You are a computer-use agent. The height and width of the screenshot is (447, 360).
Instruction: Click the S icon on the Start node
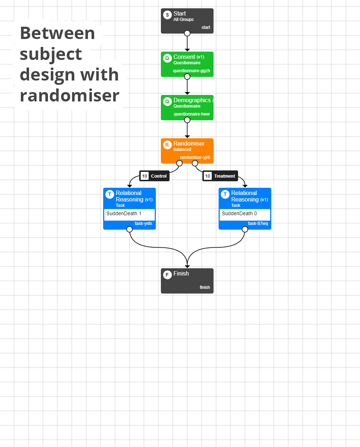pyautogui.click(x=167, y=15)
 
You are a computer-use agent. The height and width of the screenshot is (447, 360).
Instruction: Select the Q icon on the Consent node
pyautogui.click(x=167, y=58)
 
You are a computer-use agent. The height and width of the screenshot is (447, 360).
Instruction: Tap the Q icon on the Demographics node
pyautogui.click(x=167, y=101)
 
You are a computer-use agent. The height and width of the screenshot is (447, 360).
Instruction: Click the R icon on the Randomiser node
pyautogui.click(x=167, y=145)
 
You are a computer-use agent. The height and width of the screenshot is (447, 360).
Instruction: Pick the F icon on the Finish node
pyautogui.click(x=167, y=275)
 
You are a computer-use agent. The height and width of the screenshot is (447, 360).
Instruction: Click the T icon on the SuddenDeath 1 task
pyautogui.click(x=110, y=194)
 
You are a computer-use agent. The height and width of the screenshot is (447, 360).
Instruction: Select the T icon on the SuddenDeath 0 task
pyautogui.click(x=225, y=194)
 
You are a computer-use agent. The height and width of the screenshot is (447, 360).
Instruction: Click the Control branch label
pyautogui.click(x=159, y=176)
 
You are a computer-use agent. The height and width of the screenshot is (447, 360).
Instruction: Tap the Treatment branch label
pyautogui.click(x=224, y=176)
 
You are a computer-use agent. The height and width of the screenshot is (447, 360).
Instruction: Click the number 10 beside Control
pyautogui.click(x=145, y=176)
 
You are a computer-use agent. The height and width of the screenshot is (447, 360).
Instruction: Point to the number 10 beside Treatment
pyautogui.click(x=208, y=176)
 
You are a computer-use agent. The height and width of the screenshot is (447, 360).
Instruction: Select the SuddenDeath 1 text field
pyautogui.click(x=129, y=214)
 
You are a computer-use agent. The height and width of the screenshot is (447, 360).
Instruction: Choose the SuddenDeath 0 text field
pyautogui.click(x=245, y=214)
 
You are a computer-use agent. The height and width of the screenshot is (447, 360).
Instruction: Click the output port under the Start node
pyautogui.click(x=187, y=33)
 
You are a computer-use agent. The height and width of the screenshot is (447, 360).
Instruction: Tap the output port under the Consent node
pyautogui.click(x=187, y=77)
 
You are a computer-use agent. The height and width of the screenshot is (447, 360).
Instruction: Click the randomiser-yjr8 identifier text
pyautogui.click(x=195, y=157)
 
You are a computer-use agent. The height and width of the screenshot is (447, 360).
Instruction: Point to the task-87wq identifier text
pyautogui.click(x=258, y=223)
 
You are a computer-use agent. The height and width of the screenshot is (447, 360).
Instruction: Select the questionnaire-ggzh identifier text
pyautogui.click(x=192, y=71)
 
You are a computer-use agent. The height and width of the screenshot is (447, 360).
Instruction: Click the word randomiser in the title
pyautogui.click(x=70, y=95)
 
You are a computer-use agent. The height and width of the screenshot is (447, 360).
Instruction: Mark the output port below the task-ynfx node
pyautogui.click(x=129, y=229)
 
